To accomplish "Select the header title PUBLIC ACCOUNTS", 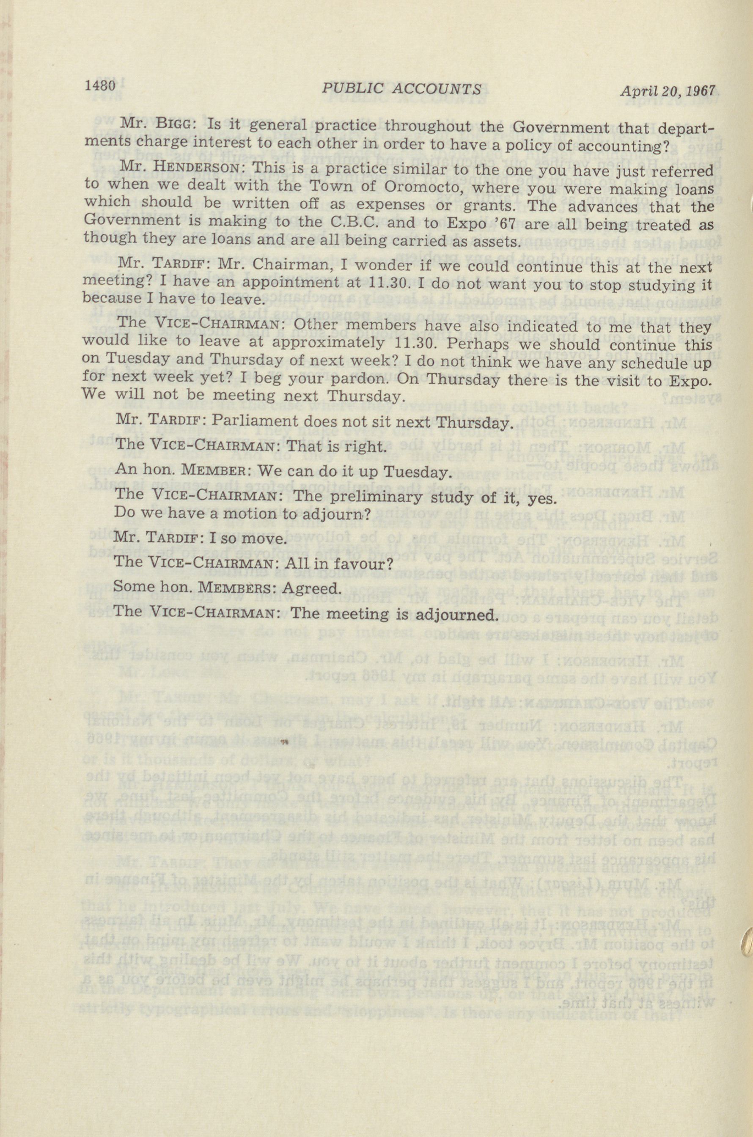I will pos(401,88).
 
